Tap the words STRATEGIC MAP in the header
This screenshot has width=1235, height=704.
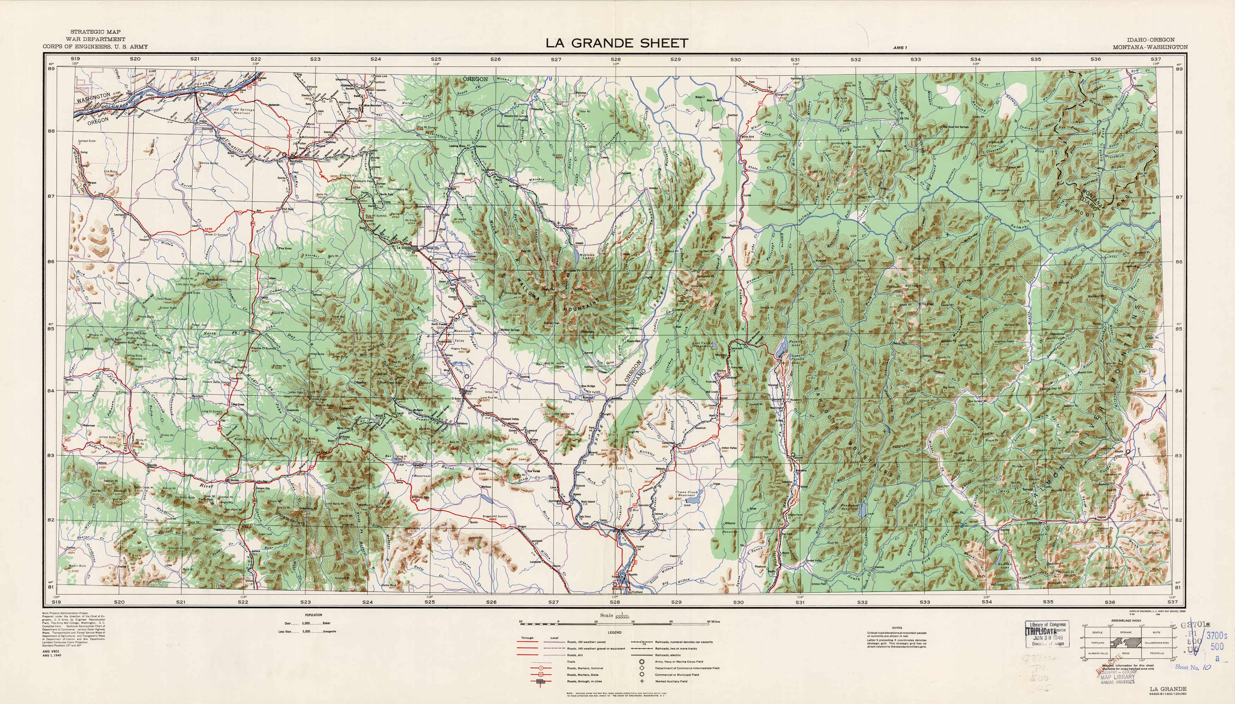[95, 32]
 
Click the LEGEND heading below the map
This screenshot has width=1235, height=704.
[615, 632]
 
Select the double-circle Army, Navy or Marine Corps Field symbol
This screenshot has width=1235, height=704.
[642, 661]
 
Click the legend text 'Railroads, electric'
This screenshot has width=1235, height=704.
[669, 655]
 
